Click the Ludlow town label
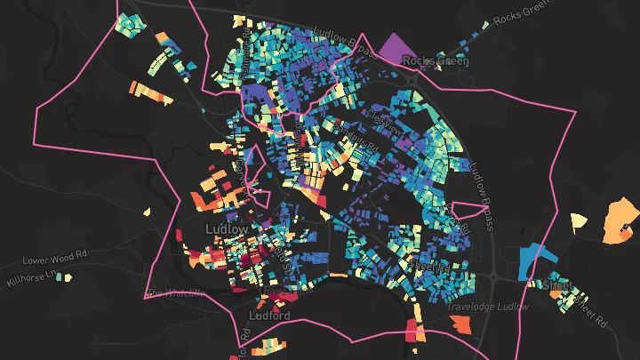click(226, 228)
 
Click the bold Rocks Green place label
click(429, 60)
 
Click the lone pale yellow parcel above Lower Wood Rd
click(148, 212)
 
